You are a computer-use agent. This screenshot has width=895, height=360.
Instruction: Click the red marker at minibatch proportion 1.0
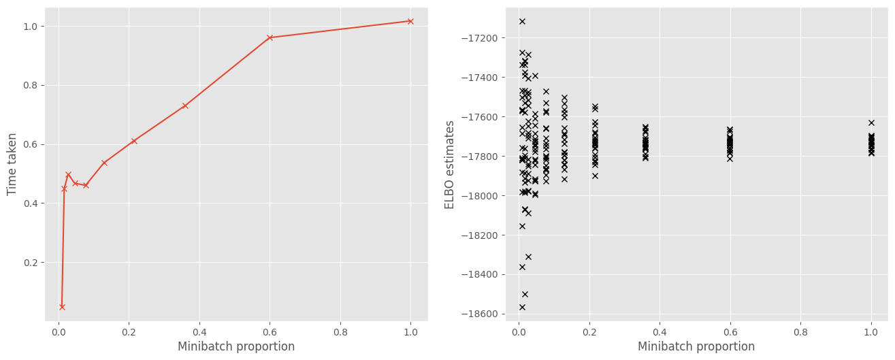click(x=410, y=21)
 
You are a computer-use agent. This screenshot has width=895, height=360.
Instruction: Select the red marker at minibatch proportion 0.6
click(x=270, y=37)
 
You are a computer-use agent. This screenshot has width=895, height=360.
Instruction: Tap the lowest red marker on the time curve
click(x=62, y=307)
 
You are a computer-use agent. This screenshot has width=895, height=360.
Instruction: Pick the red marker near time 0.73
click(x=185, y=105)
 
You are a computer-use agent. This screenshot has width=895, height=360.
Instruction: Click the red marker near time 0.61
click(x=134, y=141)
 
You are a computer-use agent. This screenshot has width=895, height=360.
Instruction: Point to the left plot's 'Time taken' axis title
click(x=12, y=164)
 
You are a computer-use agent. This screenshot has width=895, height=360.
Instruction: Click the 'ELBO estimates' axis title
click(x=450, y=164)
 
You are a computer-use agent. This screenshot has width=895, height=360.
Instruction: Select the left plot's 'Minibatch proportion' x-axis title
click(x=236, y=347)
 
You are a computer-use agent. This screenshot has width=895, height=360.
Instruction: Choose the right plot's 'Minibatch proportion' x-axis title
click(x=696, y=347)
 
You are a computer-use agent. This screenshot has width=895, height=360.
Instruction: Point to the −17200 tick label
click(x=481, y=37)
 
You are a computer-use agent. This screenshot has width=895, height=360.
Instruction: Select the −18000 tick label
click(x=481, y=196)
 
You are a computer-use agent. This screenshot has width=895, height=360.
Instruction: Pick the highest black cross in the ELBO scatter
click(x=522, y=21)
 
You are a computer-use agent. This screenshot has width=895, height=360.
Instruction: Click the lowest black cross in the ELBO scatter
click(x=522, y=307)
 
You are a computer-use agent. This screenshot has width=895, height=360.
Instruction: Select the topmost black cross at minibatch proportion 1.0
click(x=871, y=122)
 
